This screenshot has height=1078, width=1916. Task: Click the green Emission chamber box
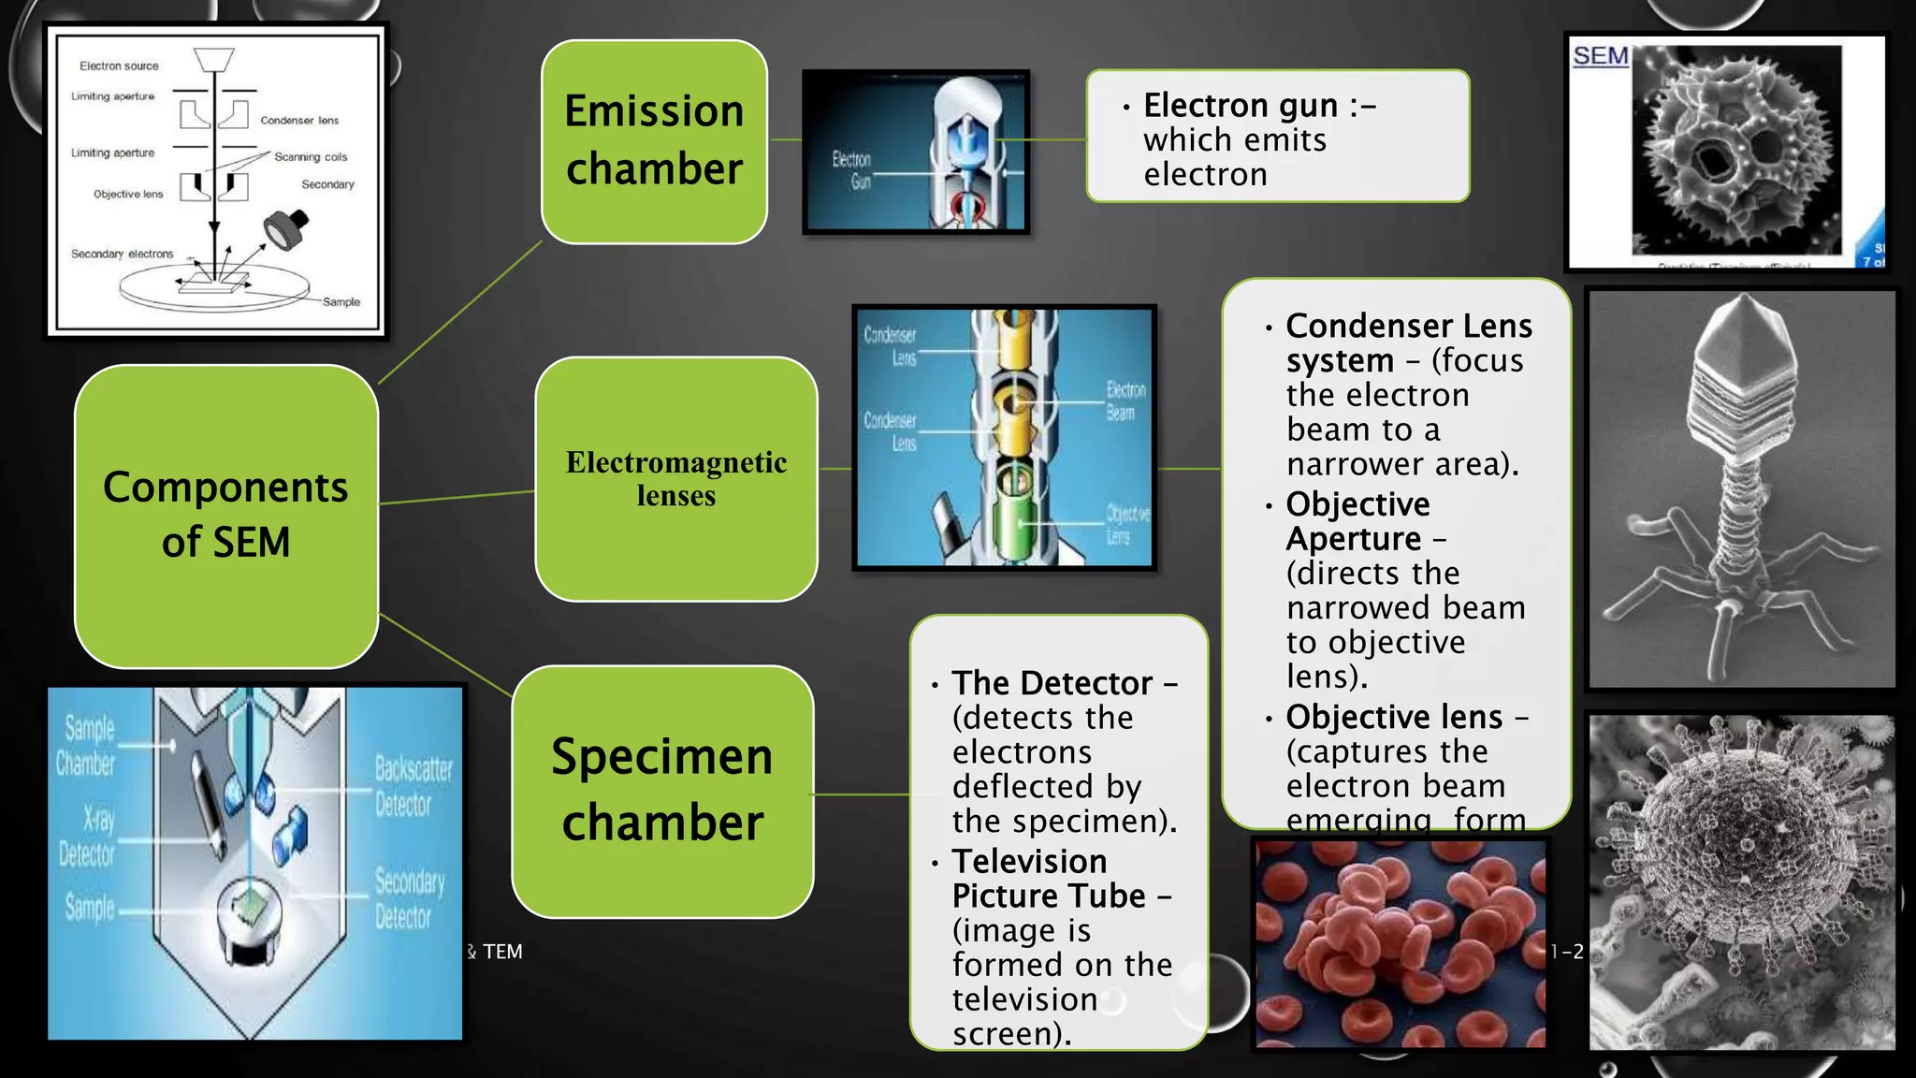click(x=654, y=141)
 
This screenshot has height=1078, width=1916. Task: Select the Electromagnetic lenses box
click(x=675, y=478)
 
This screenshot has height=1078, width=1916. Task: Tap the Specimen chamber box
click(x=662, y=791)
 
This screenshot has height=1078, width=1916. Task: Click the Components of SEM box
click(x=225, y=516)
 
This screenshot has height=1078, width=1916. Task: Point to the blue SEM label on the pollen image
click(x=1600, y=56)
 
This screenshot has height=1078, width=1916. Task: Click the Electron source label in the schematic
click(x=119, y=66)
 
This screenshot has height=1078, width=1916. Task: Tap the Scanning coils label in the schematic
click(x=311, y=157)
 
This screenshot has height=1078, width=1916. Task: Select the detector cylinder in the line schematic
click(x=285, y=228)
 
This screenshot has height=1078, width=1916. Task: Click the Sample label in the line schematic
click(x=341, y=302)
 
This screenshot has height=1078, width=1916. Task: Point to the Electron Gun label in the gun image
click(x=852, y=170)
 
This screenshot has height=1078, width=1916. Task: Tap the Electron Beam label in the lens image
click(x=1125, y=401)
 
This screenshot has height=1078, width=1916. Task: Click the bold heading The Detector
click(x=1052, y=683)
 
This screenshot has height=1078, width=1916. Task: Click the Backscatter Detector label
click(x=413, y=786)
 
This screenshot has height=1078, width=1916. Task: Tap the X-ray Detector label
click(x=87, y=837)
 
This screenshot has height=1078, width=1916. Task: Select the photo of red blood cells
click(x=1400, y=942)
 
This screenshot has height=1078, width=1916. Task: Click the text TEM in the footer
click(x=502, y=952)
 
